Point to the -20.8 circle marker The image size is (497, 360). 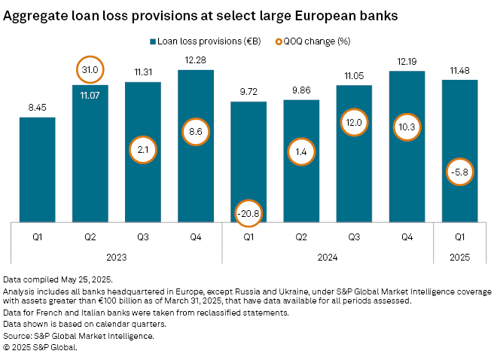click(248, 215)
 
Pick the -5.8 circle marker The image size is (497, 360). click(459, 172)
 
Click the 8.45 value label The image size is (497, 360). click(38, 108)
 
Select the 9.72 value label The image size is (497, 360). click(248, 92)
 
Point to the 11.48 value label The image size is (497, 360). click(459, 70)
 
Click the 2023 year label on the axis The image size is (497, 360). click(117, 257)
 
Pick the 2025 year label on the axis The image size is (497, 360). click(459, 257)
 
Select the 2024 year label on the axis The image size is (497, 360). click(328, 257)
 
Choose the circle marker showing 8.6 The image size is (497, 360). click(196, 133)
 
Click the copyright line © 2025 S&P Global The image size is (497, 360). click(41, 348)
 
